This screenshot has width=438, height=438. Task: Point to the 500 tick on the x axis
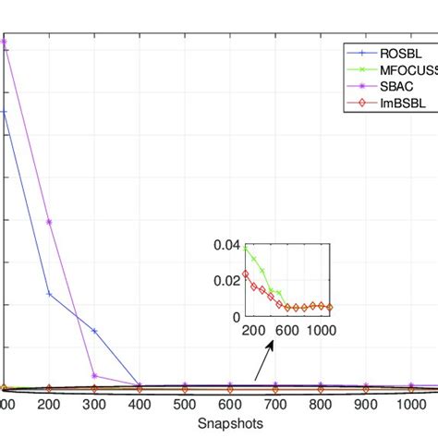pyautogui.click(x=185, y=404)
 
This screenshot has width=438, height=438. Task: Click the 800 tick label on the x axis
pyautogui.click(x=321, y=404)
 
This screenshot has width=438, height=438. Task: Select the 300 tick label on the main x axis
pyautogui.click(x=94, y=404)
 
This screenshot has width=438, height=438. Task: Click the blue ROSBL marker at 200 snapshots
pyautogui.click(x=49, y=294)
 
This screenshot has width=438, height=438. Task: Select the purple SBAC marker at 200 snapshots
pyautogui.click(x=49, y=222)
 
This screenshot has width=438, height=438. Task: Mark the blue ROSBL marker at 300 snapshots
pyautogui.click(x=94, y=331)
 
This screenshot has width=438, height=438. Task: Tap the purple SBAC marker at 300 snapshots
pyautogui.click(x=94, y=375)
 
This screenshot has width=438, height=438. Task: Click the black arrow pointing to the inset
pyautogui.click(x=264, y=359)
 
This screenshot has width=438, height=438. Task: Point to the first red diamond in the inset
pyautogui.click(x=246, y=274)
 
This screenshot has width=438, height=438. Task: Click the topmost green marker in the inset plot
pyautogui.click(x=246, y=249)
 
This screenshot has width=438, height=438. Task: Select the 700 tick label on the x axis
pyautogui.click(x=275, y=404)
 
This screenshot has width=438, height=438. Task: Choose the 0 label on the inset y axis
pyautogui.click(x=235, y=316)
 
